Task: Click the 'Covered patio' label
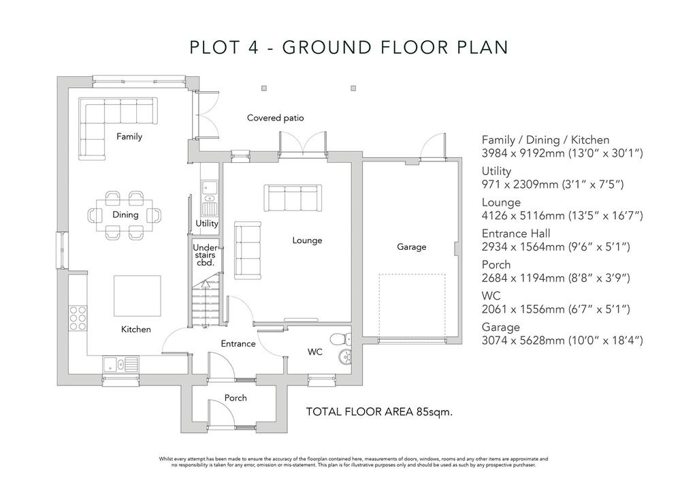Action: [x=275, y=118]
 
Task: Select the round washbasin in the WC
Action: [x=344, y=356]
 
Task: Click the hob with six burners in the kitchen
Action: [x=78, y=318]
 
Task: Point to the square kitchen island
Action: [x=137, y=296]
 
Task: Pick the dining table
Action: [x=125, y=215]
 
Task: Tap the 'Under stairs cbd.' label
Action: [x=205, y=255]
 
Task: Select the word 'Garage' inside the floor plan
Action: [x=411, y=246]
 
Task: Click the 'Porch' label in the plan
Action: [x=235, y=398]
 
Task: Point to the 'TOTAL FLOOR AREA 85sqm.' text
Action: [x=379, y=412]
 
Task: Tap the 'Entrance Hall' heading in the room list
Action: [x=516, y=234]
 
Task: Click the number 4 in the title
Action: [x=253, y=47]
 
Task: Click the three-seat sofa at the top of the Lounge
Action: [x=293, y=198]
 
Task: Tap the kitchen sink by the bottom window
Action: [x=120, y=364]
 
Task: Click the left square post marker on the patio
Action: [x=264, y=88]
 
